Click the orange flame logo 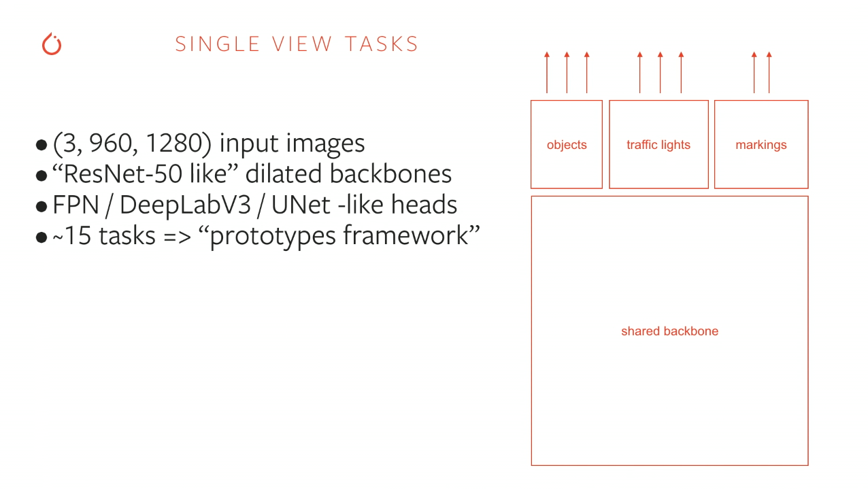click(52, 44)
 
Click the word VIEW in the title click(302, 44)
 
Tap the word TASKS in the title click(382, 44)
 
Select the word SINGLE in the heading click(218, 44)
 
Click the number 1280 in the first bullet click(174, 143)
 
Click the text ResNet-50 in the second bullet click(123, 173)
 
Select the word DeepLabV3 click(185, 205)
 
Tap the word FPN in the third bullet click(76, 205)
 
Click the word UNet click(301, 205)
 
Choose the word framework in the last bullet click(407, 235)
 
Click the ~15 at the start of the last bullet click(72, 235)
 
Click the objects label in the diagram click(567, 145)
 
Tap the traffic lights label click(658, 145)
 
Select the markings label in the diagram click(761, 145)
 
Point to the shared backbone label click(669, 331)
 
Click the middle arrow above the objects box click(567, 73)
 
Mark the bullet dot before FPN click(41, 207)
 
